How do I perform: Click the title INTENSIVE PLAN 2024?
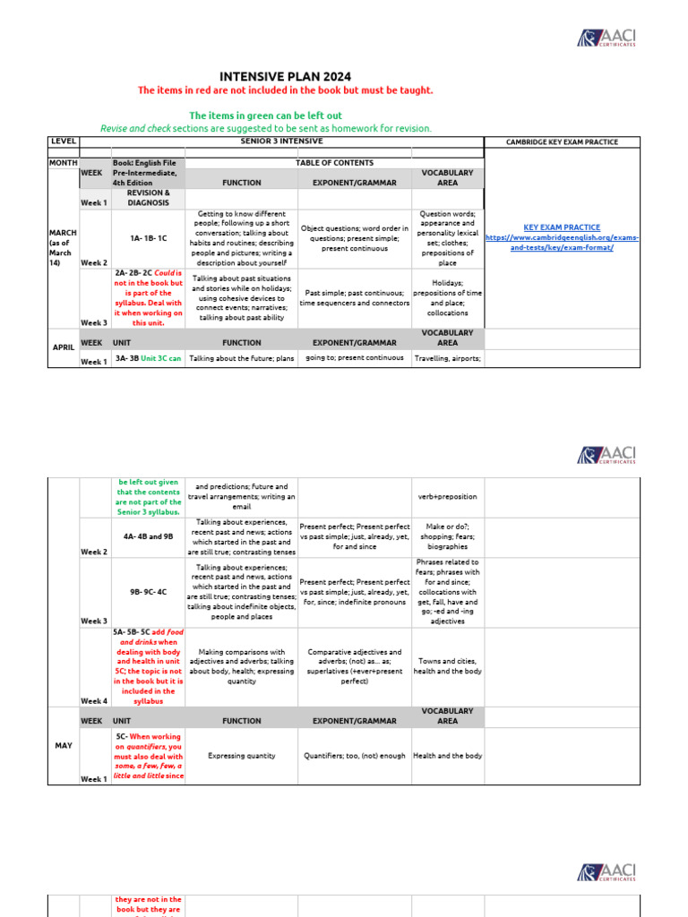(285, 76)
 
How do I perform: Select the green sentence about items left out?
(265, 116)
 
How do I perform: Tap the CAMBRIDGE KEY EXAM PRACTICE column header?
(562, 141)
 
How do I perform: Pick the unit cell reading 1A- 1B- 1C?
(148, 238)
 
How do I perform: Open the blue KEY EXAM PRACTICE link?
(562, 227)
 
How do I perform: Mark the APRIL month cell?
(64, 348)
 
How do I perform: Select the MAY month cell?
(64, 745)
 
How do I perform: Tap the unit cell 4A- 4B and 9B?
(148, 536)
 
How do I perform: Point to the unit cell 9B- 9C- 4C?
(148, 591)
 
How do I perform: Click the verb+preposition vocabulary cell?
(447, 496)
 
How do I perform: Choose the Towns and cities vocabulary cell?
(447, 666)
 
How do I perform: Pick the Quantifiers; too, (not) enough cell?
(354, 756)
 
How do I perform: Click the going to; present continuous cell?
(354, 358)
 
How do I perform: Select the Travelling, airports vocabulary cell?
(447, 358)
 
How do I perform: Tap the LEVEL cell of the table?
(64, 141)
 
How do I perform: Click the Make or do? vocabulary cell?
(447, 536)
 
